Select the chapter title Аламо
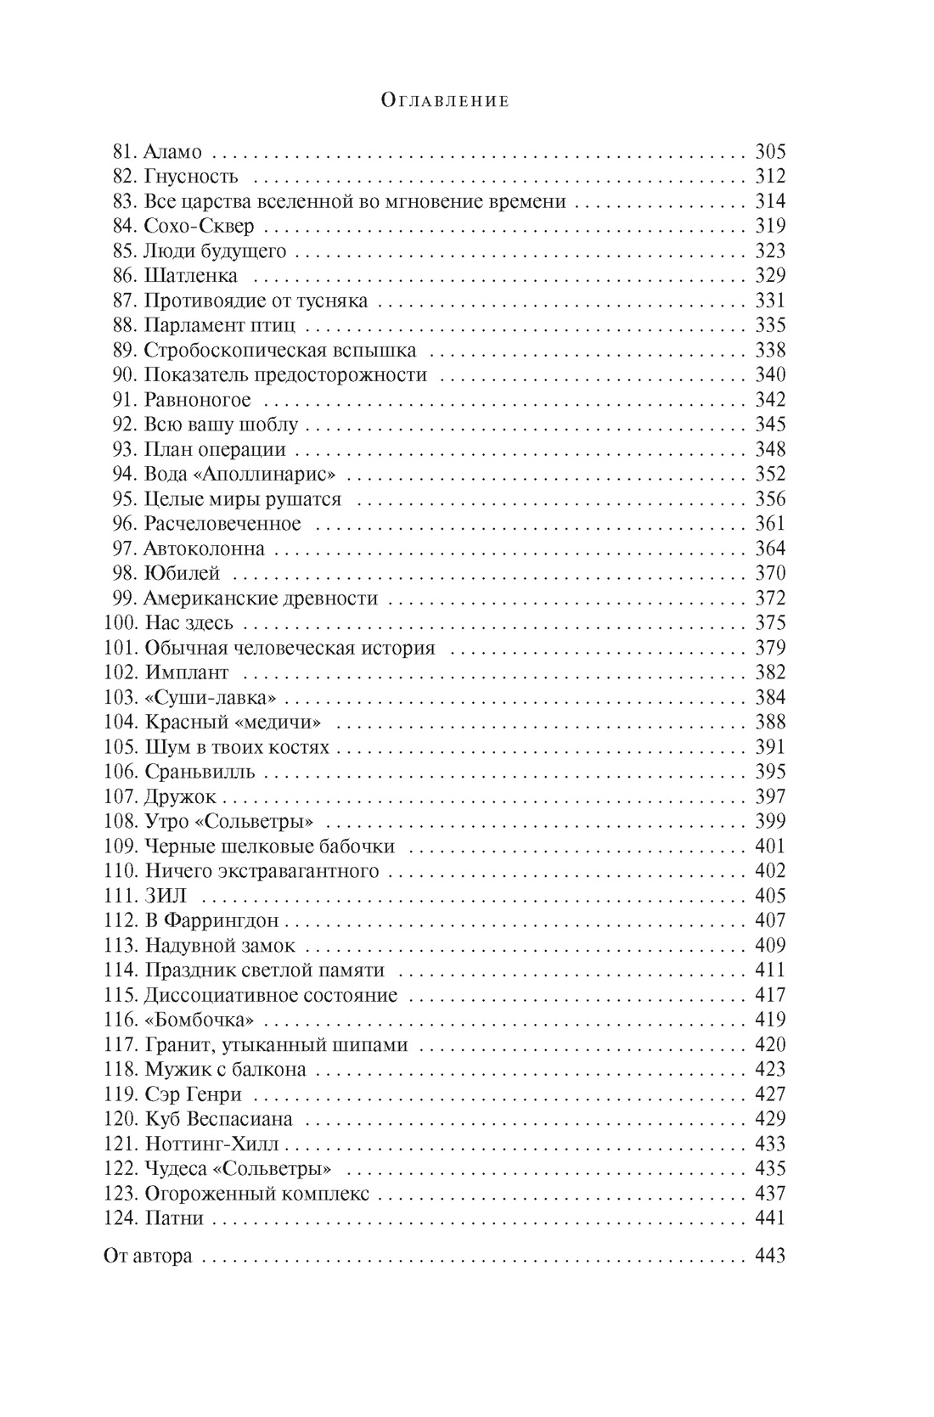pos(173,153)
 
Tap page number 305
pos(770,153)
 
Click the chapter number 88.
pos(124,326)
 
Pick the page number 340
pos(770,375)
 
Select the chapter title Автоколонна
pos(204,548)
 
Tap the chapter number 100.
pos(120,623)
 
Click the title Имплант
pos(186,672)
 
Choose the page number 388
pos(770,723)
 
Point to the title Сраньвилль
pos(200,772)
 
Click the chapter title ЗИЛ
pos(166,896)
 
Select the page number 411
pos(770,970)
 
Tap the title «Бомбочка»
pos(200,1020)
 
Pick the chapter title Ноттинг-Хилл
pos(211,1144)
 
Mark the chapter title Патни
pos(174,1218)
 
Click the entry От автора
pos(148,1256)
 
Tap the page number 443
pos(770,1256)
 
